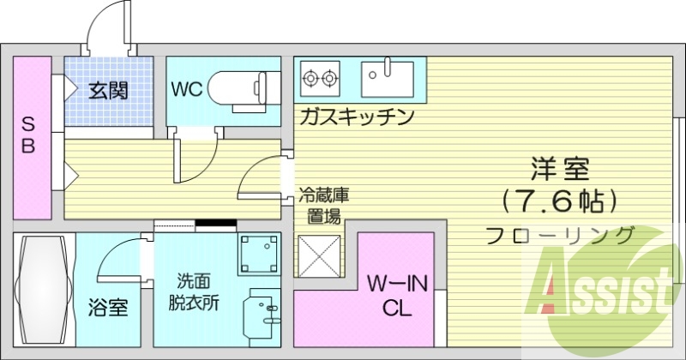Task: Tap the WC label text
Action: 187,90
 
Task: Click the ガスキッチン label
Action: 358,117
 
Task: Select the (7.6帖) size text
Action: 561,201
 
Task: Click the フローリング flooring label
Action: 560,235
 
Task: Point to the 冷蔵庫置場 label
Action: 323,206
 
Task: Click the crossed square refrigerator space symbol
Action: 319,255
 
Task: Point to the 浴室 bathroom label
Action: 109,307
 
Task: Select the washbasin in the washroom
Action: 262,313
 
